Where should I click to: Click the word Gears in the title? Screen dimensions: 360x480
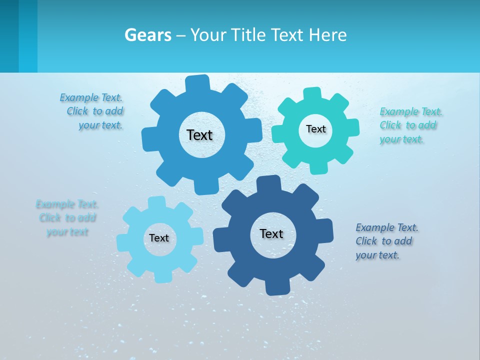(x=147, y=35)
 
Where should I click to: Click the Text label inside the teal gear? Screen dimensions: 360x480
(x=315, y=129)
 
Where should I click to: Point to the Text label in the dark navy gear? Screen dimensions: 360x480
(x=271, y=233)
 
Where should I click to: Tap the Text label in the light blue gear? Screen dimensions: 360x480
(x=159, y=238)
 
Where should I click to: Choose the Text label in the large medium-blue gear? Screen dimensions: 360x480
(x=199, y=135)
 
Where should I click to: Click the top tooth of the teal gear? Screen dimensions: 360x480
(x=313, y=93)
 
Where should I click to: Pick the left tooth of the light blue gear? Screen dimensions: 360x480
(x=123, y=242)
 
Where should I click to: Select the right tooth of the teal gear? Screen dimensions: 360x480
(x=352, y=127)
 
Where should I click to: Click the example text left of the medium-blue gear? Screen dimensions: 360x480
(x=92, y=111)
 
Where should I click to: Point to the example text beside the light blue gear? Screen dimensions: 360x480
(x=67, y=218)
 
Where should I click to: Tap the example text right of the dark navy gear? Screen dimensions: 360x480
(x=386, y=241)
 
